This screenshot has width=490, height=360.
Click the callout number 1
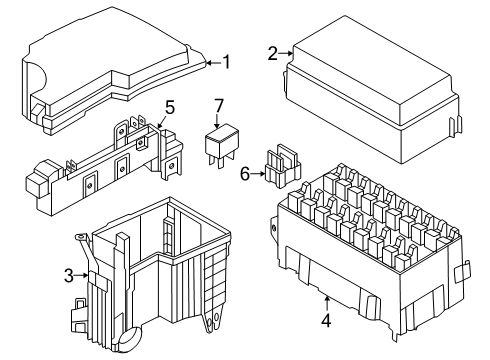226,62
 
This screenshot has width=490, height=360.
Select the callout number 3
69,276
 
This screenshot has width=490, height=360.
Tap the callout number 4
326,321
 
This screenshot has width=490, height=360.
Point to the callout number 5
170,106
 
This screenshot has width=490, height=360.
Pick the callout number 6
244,174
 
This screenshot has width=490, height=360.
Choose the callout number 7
220,106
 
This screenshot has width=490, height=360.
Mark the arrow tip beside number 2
293,52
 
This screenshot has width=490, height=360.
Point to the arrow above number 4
326,300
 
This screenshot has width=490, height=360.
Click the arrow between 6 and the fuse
259,174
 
